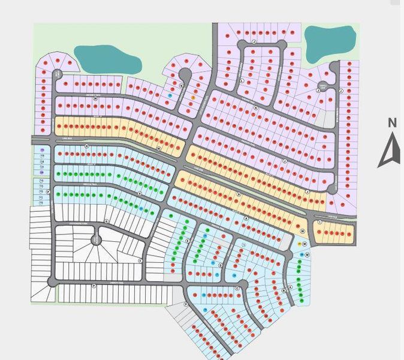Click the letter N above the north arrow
point(392,123)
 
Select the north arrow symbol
point(390,152)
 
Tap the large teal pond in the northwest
point(107,59)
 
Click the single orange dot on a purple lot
point(193,97)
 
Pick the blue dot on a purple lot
point(170,95)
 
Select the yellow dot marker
point(300,244)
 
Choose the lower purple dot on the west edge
point(41,172)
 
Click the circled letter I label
point(320,222)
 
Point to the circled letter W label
point(159,148)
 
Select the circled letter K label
point(255,108)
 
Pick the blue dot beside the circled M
point(302,255)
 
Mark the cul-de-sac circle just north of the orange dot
point(184,74)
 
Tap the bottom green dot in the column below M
point(301,300)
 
